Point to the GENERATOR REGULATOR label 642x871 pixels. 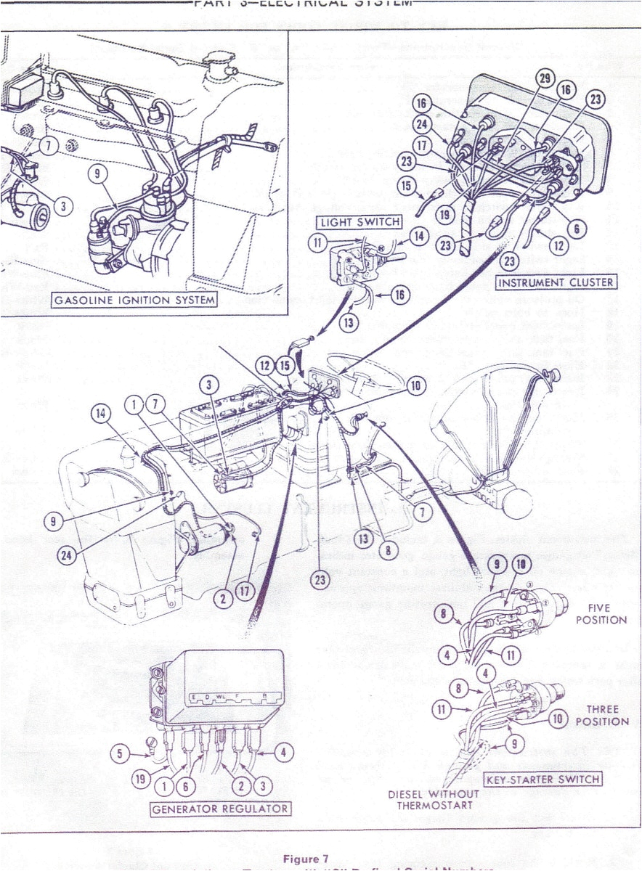pyautogui.click(x=220, y=809)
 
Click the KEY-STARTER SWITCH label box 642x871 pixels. pyautogui.click(x=543, y=780)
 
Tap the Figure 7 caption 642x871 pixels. pyautogui.click(x=320, y=859)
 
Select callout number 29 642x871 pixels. pyautogui.click(x=545, y=78)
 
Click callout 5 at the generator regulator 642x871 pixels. pyautogui.click(x=122, y=753)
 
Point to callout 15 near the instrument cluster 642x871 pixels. pyautogui.click(x=407, y=186)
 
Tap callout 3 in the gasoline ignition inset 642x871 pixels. pyautogui.click(x=63, y=207)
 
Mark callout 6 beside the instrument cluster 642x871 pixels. pyautogui.click(x=576, y=229)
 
